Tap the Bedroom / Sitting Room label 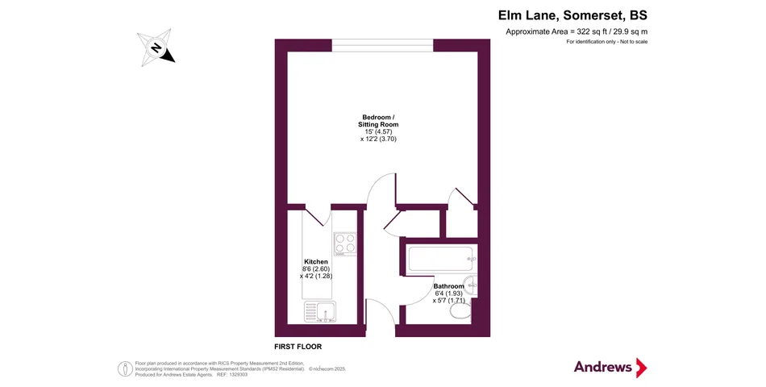[x=378, y=121]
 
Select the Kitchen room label [x=315, y=262]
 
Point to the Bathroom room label [x=448, y=286]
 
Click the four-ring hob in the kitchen [x=345, y=242]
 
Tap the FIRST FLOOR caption [x=298, y=347]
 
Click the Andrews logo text [x=603, y=367]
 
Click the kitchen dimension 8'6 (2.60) [x=315, y=269]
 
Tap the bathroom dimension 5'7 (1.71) [x=448, y=301]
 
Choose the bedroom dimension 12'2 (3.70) [x=378, y=139]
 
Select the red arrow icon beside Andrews [x=642, y=368]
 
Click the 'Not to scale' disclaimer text [x=631, y=41]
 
